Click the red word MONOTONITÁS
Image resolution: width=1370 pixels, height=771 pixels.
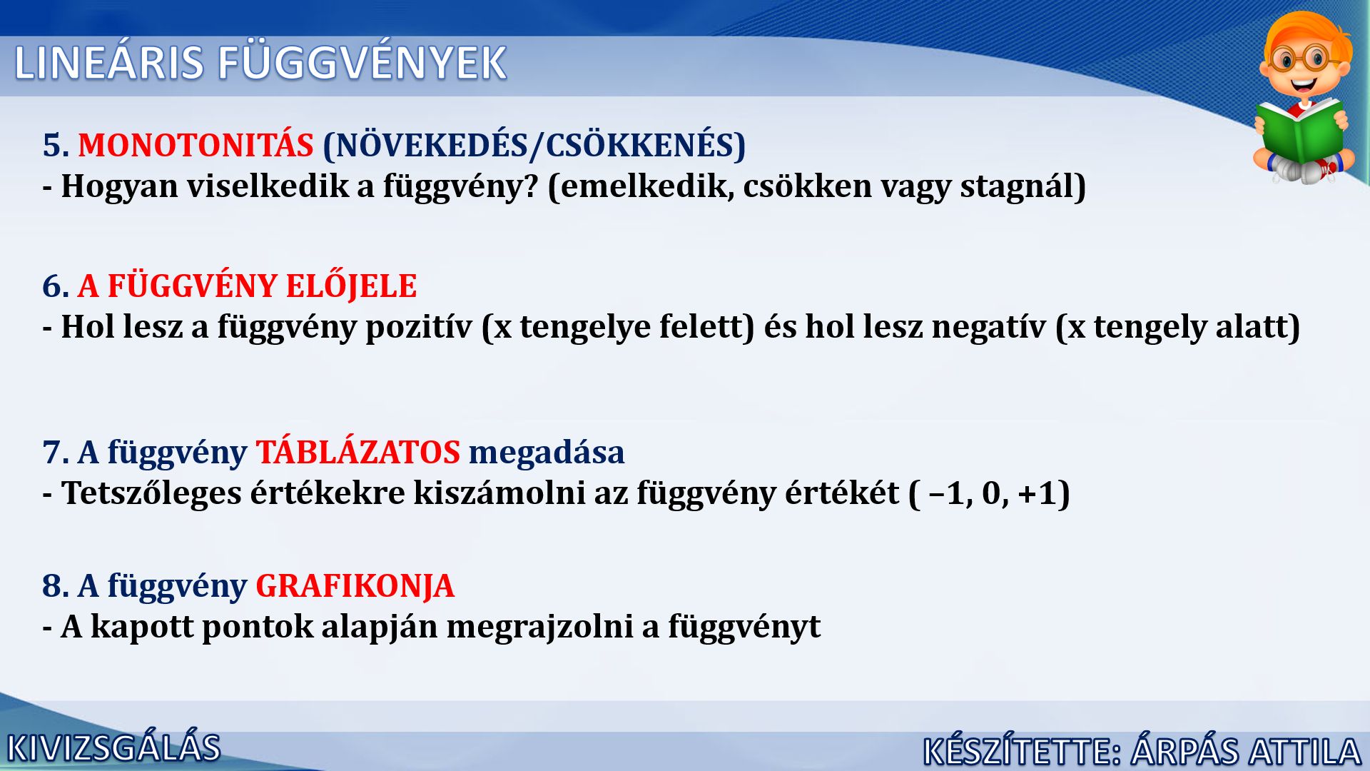tap(196, 145)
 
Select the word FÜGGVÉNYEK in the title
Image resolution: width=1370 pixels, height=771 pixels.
tap(362, 62)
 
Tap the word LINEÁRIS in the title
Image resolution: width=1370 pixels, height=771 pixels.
tap(109, 63)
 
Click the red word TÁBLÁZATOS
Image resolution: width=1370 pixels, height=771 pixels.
tap(358, 452)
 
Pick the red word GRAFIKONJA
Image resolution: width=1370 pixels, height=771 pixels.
tap(355, 586)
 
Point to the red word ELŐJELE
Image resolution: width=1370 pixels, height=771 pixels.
tap(341, 286)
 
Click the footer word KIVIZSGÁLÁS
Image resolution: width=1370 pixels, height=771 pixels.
tap(114, 747)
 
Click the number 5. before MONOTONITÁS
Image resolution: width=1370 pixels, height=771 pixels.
tap(56, 145)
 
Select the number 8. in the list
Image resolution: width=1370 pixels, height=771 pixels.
tap(56, 586)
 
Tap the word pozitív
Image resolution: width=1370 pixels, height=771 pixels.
tap(419, 327)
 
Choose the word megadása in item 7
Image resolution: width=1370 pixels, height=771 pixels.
tap(547, 453)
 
